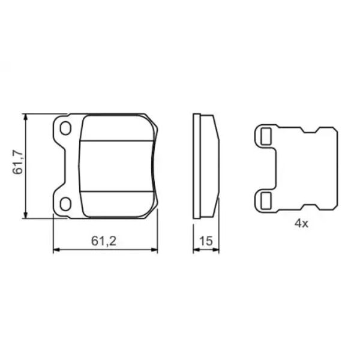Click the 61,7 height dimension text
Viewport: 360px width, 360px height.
click(18, 163)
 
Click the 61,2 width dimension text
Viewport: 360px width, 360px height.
click(104, 241)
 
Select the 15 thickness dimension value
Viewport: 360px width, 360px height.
click(206, 241)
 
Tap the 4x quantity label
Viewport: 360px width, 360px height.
click(301, 223)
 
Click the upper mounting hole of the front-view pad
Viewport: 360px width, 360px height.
click(65, 128)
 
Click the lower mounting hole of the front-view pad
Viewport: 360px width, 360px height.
click(65, 203)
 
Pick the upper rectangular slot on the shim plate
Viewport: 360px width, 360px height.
click(266, 136)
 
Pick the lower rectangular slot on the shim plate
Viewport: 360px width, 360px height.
click(266, 200)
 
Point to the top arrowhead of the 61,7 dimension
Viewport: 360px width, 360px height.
click(26, 116)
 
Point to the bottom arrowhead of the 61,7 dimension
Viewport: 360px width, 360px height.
click(26, 215)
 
